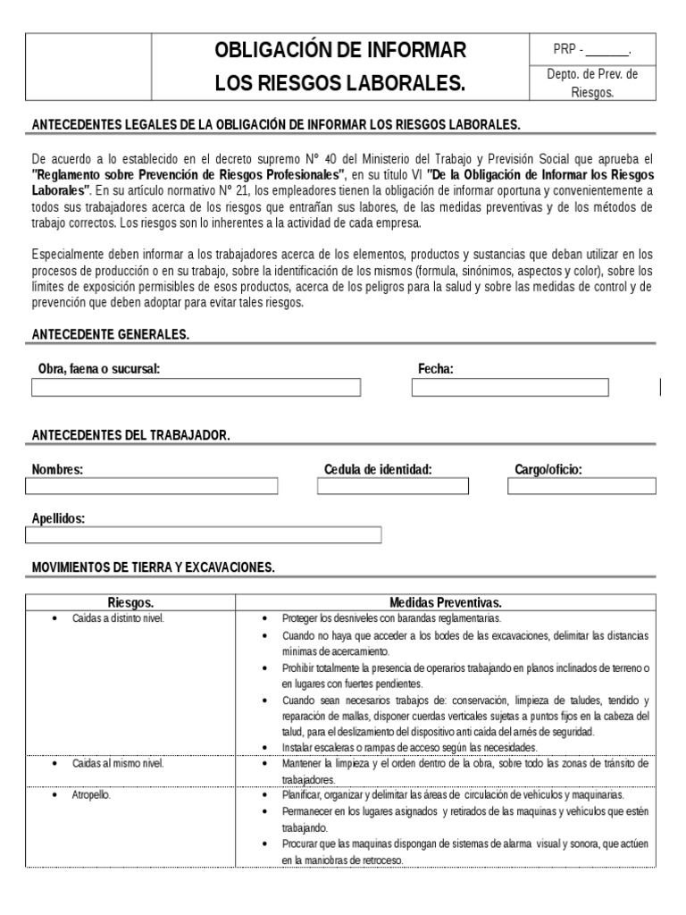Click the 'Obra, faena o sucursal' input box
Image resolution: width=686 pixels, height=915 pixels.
(197, 388)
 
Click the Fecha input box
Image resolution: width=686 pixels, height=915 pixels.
(509, 388)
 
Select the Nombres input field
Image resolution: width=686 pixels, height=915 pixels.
(152, 486)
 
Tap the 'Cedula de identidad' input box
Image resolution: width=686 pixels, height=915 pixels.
(393, 486)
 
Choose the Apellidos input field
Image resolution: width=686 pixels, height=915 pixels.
(204, 535)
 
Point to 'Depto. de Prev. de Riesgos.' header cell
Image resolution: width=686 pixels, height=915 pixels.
(592, 83)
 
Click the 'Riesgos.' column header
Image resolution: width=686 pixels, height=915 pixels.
(130, 602)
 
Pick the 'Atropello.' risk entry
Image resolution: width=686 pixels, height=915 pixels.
(91, 795)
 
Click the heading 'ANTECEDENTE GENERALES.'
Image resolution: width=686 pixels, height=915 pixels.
(111, 334)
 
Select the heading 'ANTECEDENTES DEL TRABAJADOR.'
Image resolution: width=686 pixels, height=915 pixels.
(131, 435)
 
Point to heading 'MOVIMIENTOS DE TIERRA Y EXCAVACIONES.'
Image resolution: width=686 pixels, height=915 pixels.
(154, 567)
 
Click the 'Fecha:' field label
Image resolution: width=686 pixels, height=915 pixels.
(436, 369)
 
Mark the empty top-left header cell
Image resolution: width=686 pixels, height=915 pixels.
(88, 66)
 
